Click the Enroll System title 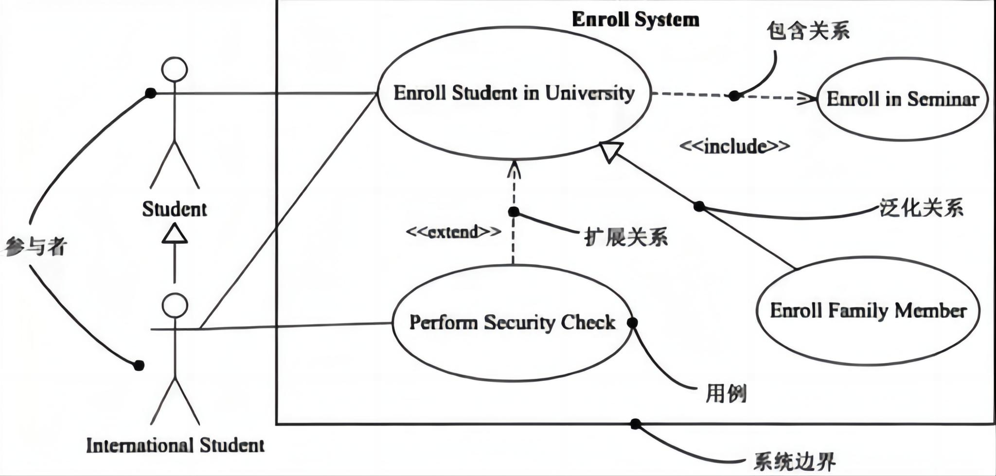635,20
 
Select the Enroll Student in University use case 514,93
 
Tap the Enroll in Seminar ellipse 903,99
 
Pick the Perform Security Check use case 512,323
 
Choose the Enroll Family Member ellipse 868,311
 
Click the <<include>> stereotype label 734,146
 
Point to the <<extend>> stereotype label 453,232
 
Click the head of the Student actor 175,69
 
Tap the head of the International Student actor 175,306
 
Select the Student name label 174,209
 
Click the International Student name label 175,445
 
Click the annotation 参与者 35,247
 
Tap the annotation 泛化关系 921,208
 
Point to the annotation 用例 726,393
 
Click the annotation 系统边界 794,461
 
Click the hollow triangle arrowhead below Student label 175,234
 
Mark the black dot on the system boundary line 635,424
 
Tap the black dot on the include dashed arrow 734,96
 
